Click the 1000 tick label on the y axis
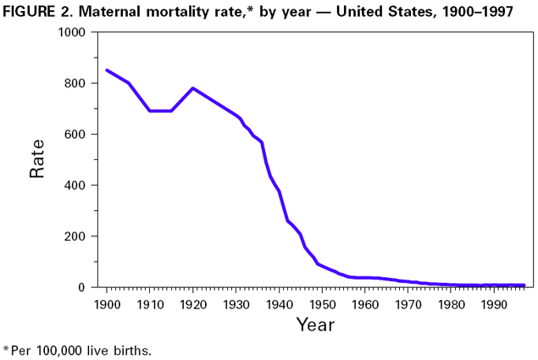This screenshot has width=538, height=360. (x=70, y=32)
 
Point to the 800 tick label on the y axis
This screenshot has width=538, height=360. (x=75, y=83)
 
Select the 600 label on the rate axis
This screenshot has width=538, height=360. (x=75, y=134)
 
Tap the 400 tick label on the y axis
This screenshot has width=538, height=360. (x=75, y=185)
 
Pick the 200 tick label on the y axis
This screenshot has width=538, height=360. (x=75, y=236)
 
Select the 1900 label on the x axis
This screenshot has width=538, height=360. (x=107, y=304)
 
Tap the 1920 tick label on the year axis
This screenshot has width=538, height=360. (x=193, y=304)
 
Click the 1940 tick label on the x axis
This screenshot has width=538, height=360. (x=279, y=304)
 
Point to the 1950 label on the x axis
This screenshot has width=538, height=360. (x=322, y=304)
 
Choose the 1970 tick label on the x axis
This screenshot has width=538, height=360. (x=408, y=304)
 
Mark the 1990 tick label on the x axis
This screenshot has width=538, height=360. (x=494, y=304)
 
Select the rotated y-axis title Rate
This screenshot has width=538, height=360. (x=37, y=158)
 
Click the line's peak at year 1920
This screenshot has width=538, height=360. (x=193, y=88)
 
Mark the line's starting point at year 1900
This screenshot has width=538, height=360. (x=107, y=70)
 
